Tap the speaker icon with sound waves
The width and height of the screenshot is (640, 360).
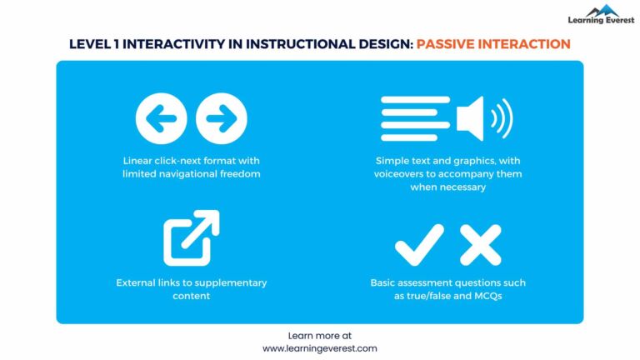click(x=483, y=117)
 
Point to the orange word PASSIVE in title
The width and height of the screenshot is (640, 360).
click(x=444, y=43)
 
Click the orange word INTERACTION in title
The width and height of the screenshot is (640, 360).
click(x=522, y=43)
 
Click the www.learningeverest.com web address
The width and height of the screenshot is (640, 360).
click(x=320, y=348)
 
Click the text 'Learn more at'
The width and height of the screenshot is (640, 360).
click(x=320, y=335)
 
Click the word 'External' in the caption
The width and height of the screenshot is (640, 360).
click(x=137, y=282)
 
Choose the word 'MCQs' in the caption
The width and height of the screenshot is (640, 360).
click(x=502, y=296)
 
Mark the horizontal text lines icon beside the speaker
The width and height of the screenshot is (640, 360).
click(x=415, y=117)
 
